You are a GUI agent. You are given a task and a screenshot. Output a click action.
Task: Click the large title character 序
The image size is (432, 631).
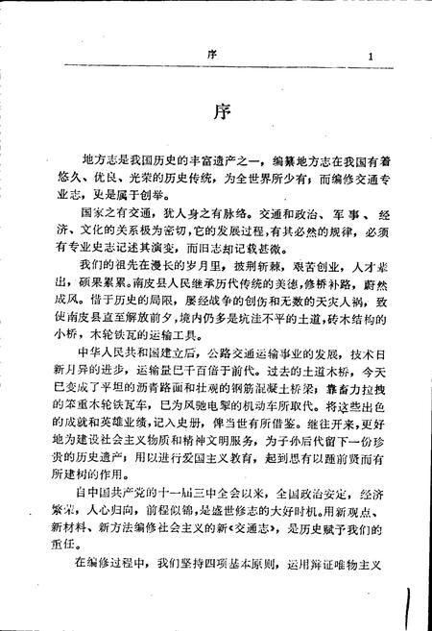[x=217, y=112]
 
